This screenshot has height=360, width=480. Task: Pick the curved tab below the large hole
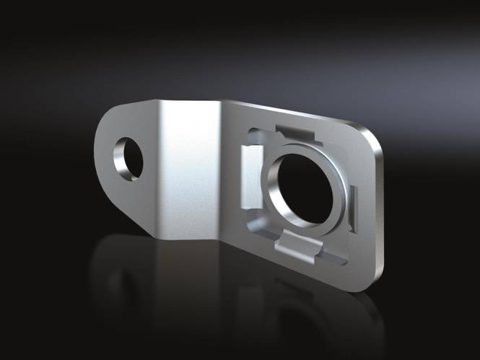click(295, 245)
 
